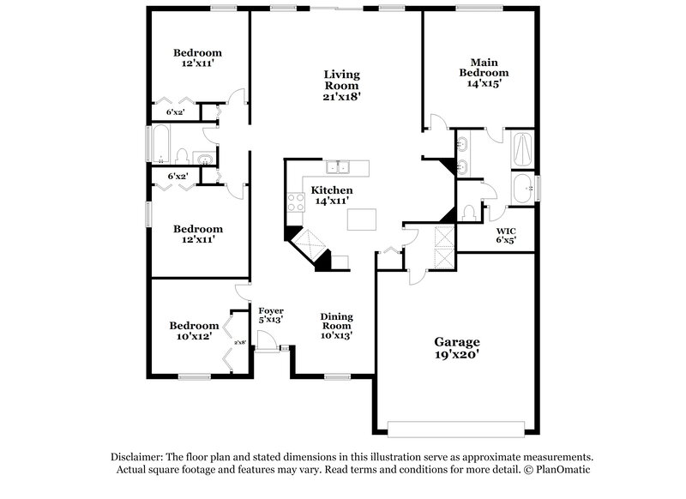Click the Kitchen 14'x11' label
(331, 195)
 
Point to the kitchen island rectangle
(362, 219)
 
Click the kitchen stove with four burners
(295, 202)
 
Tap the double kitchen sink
(346, 166)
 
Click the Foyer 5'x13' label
(271, 315)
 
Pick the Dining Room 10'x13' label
(336, 325)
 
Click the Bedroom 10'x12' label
(193, 331)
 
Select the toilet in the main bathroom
(468, 211)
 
